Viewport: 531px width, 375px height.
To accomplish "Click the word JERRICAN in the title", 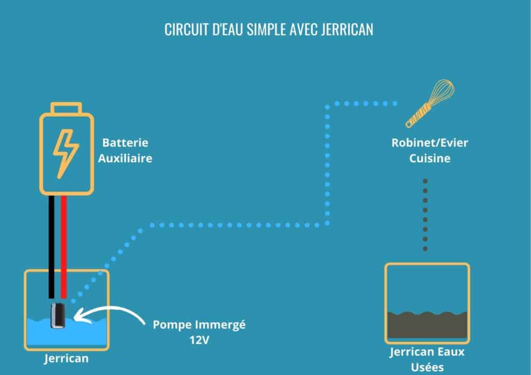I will coord(347,30).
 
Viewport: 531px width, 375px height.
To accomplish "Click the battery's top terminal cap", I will coord(66,109).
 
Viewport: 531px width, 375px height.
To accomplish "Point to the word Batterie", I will coord(125,142).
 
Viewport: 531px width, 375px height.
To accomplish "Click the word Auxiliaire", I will coord(125,158).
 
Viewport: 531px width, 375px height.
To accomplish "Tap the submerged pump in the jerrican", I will coord(58,316).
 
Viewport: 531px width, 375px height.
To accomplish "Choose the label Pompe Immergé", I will coord(199,326).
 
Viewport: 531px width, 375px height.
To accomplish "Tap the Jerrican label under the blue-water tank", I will coord(66,358).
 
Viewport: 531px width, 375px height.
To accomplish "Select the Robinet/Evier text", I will coord(429,142).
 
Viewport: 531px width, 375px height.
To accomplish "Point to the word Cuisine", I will coord(429,158).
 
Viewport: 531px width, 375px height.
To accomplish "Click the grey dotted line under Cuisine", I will coord(425,215).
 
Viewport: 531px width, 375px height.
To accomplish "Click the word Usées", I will coord(427,367).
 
